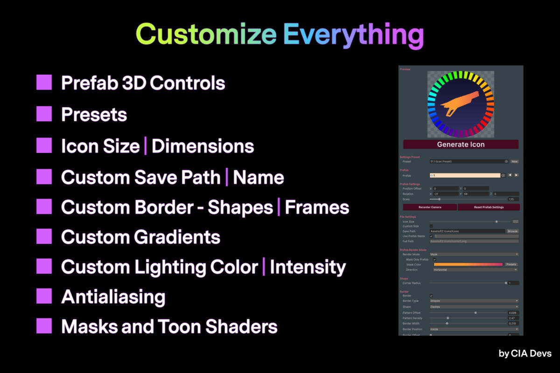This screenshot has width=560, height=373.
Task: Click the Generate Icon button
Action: (461, 145)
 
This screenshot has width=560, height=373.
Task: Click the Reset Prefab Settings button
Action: (488, 207)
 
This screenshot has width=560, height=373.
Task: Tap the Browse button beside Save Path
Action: (512, 231)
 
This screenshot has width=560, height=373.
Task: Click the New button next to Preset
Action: (514, 161)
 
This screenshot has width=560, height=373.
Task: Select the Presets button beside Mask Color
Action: (511, 264)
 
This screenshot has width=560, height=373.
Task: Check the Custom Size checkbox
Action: (431, 226)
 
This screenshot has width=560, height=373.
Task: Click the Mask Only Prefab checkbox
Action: (434, 259)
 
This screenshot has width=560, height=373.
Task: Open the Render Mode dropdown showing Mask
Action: (474, 254)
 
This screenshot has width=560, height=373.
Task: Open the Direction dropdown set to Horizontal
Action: (474, 269)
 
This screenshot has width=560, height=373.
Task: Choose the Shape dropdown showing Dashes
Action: (474, 307)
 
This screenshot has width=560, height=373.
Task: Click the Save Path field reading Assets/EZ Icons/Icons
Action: (467, 231)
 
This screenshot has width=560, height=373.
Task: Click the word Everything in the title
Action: (353, 35)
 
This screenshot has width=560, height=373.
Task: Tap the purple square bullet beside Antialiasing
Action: (44, 296)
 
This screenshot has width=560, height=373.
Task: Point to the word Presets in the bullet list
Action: (94, 115)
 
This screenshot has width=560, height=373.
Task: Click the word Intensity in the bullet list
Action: (308, 267)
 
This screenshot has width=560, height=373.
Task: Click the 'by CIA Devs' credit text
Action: (525, 353)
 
